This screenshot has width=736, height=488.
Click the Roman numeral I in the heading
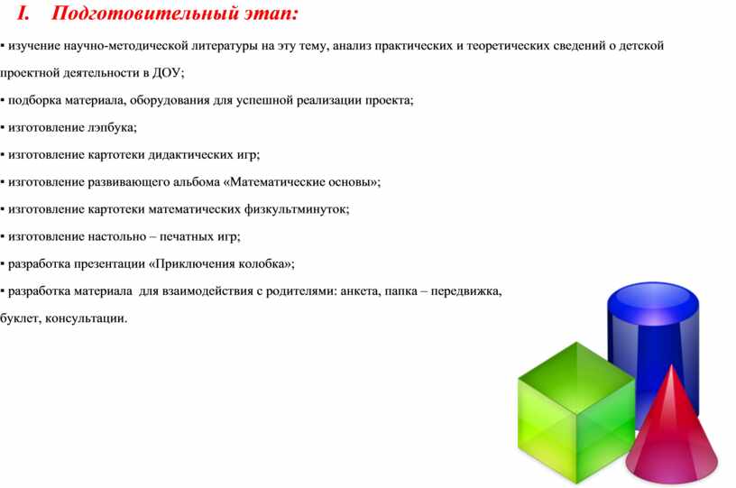coord(23,13)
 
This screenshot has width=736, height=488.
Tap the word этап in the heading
coord(271,14)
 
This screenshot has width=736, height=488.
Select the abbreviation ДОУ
coord(168,73)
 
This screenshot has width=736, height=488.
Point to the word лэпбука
coord(112,127)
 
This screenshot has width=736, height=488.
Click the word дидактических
coord(190,155)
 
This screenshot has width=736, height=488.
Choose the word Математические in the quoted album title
coord(278,182)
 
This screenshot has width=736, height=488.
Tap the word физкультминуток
coord(297,209)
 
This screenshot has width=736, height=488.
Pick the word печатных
coord(186,236)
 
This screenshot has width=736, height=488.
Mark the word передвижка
coord(466,291)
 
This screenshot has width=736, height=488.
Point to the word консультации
coord(86,318)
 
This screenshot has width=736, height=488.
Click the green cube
coord(576,413)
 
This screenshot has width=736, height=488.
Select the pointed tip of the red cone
coord(672,367)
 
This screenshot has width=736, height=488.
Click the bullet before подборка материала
coord(3,100)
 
